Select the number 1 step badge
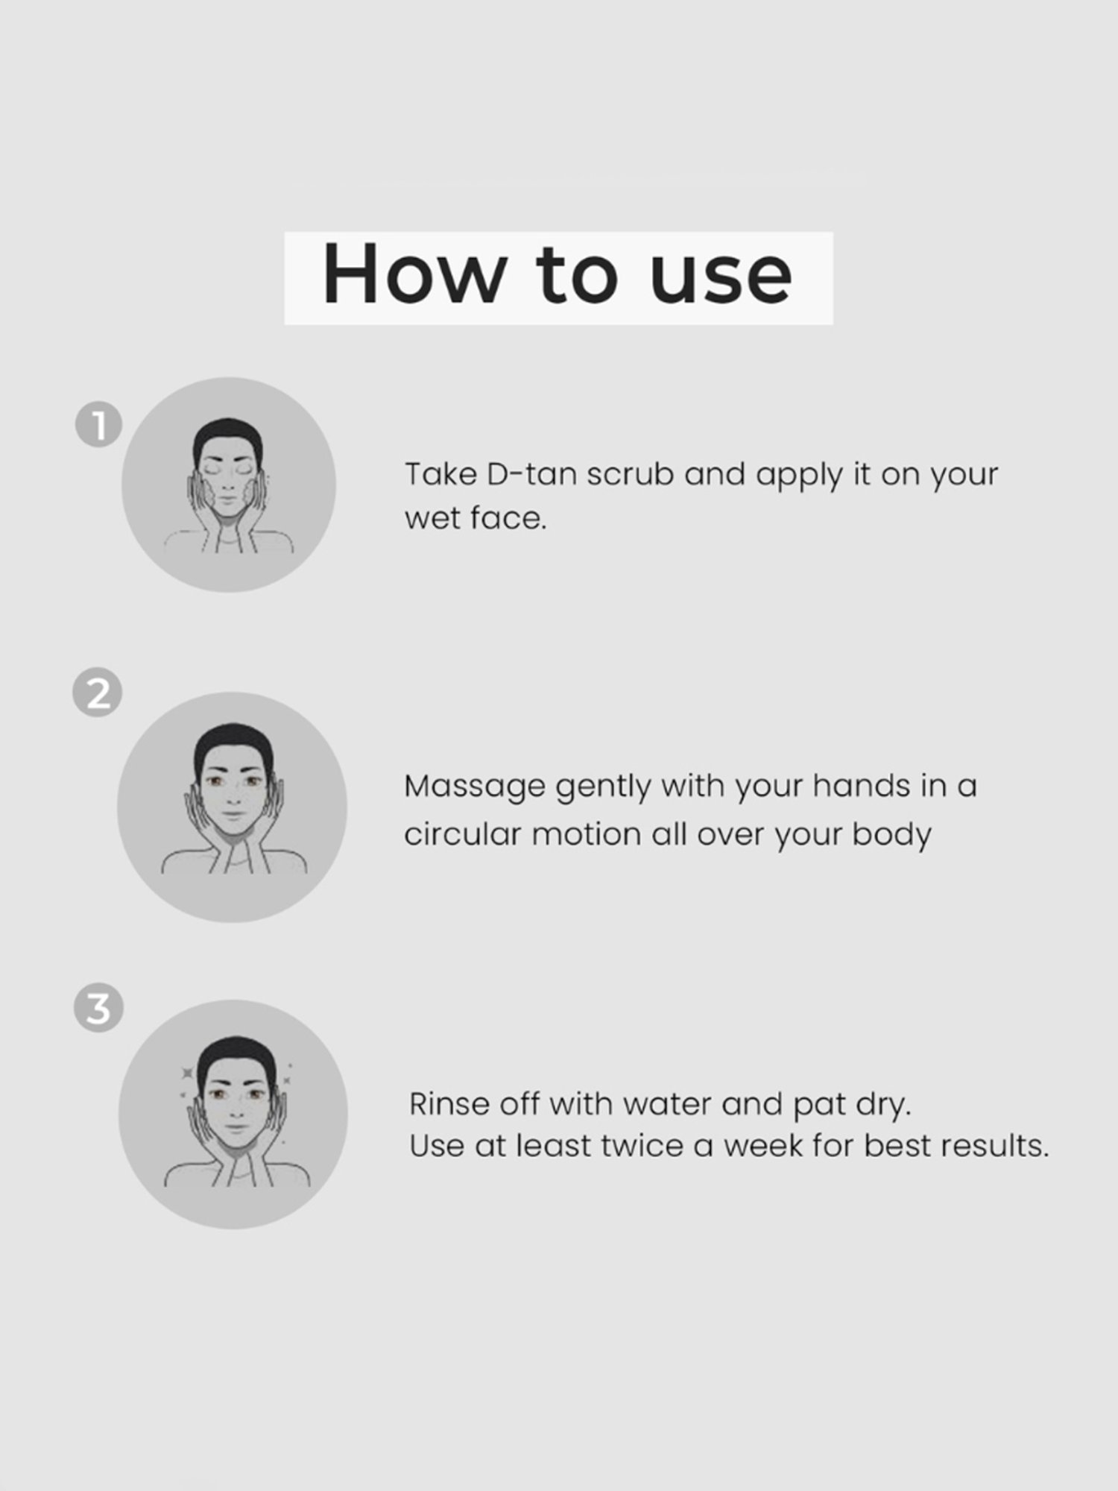pos(98,426)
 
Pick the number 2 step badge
pos(98,693)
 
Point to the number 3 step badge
pos(98,1009)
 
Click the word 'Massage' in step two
pos(474,787)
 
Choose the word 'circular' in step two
pos(461,834)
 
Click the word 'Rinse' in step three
pos(449,1104)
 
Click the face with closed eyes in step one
pos(228,481)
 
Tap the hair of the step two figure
pos(233,742)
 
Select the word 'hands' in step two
pos(861,787)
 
